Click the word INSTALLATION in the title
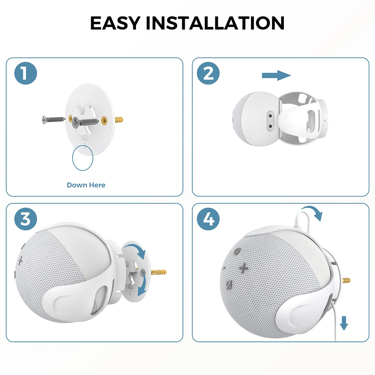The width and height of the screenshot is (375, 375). (x=215, y=23)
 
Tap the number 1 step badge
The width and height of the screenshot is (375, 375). (x=26, y=73)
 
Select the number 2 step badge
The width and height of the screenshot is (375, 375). (x=208, y=73)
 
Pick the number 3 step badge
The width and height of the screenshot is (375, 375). (x=26, y=219)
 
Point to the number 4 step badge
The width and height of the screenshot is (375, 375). (x=208, y=219)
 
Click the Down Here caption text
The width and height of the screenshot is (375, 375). (x=86, y=185)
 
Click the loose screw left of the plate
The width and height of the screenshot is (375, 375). (x=52, y=120)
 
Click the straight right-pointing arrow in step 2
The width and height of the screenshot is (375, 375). (x=276, y=76)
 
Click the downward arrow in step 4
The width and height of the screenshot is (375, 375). (x=344, y=322)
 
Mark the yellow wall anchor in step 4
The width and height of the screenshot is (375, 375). (x=346, y=279)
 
